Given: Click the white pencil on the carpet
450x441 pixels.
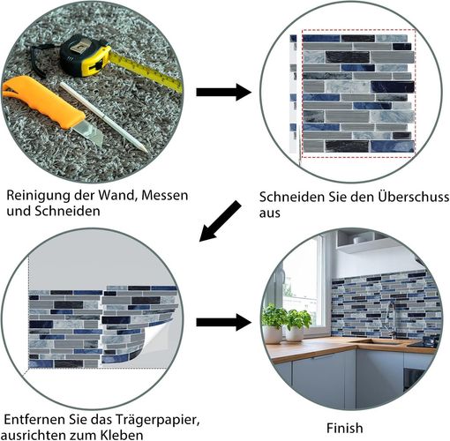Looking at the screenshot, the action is coord(103,117).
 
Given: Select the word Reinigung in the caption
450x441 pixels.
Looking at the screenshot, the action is coord(39,196).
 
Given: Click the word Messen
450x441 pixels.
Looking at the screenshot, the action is coord(165,195).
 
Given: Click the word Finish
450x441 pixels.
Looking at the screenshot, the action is coord(345,428).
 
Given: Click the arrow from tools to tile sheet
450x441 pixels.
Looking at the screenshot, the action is coord(224,92).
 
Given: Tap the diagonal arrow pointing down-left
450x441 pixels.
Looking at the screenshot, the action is coord(221,221).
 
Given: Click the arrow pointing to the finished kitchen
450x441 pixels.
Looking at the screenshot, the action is coord(224,322).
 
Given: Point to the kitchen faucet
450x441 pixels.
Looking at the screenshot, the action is coord(390,319).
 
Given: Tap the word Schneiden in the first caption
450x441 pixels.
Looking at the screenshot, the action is coord(68,212).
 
